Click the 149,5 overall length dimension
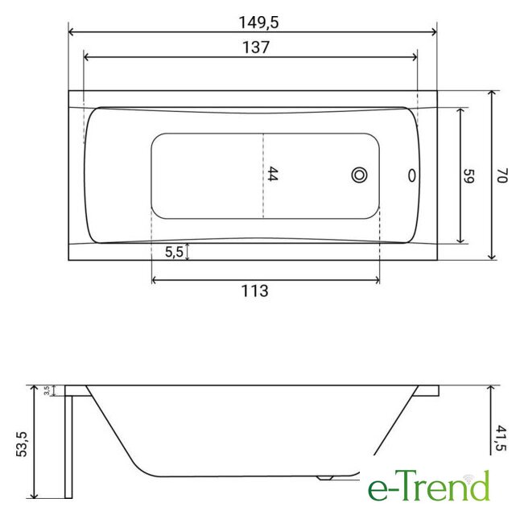pyautogui.click(x=258, y=23)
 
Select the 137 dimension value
pyautogui.click(x=256, y=47)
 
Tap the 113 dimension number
pyautogui.click(x=254, y=291)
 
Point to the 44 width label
pyautogui.click(x=272, y=174)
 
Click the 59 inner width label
pyautogui.click(x=468, y=175)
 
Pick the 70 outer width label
pyautogui.click(x=502, y=175)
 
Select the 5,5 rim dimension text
pyautogui.click(x=174, y=252)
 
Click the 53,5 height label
pyautogui.click(x=22, y=444)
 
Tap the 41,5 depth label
pyautogui.click(x=501, y=438)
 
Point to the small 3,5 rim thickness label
pyautogui.click(x=47, y=390)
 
